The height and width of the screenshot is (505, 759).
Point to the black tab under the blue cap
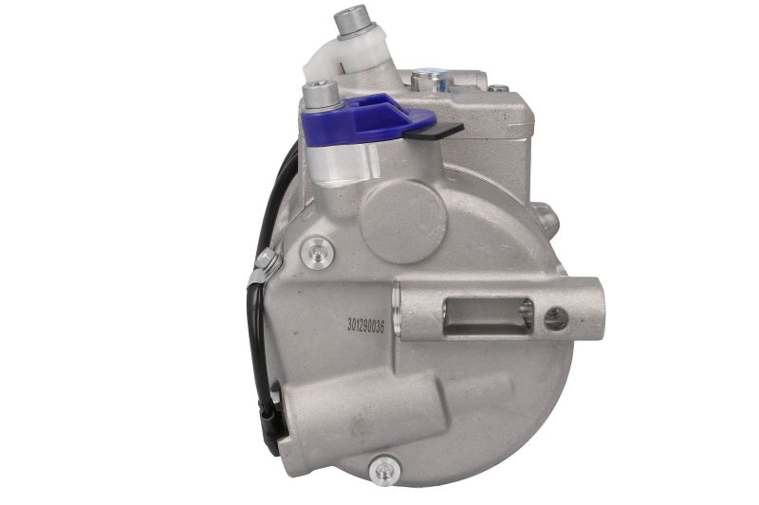click(x=434, y=131)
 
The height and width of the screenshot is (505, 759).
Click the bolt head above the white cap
click(x=352, y=21)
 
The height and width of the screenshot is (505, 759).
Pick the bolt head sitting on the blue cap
click(x=320, y=95)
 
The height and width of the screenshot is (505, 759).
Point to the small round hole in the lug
click(x=556, y=319)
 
